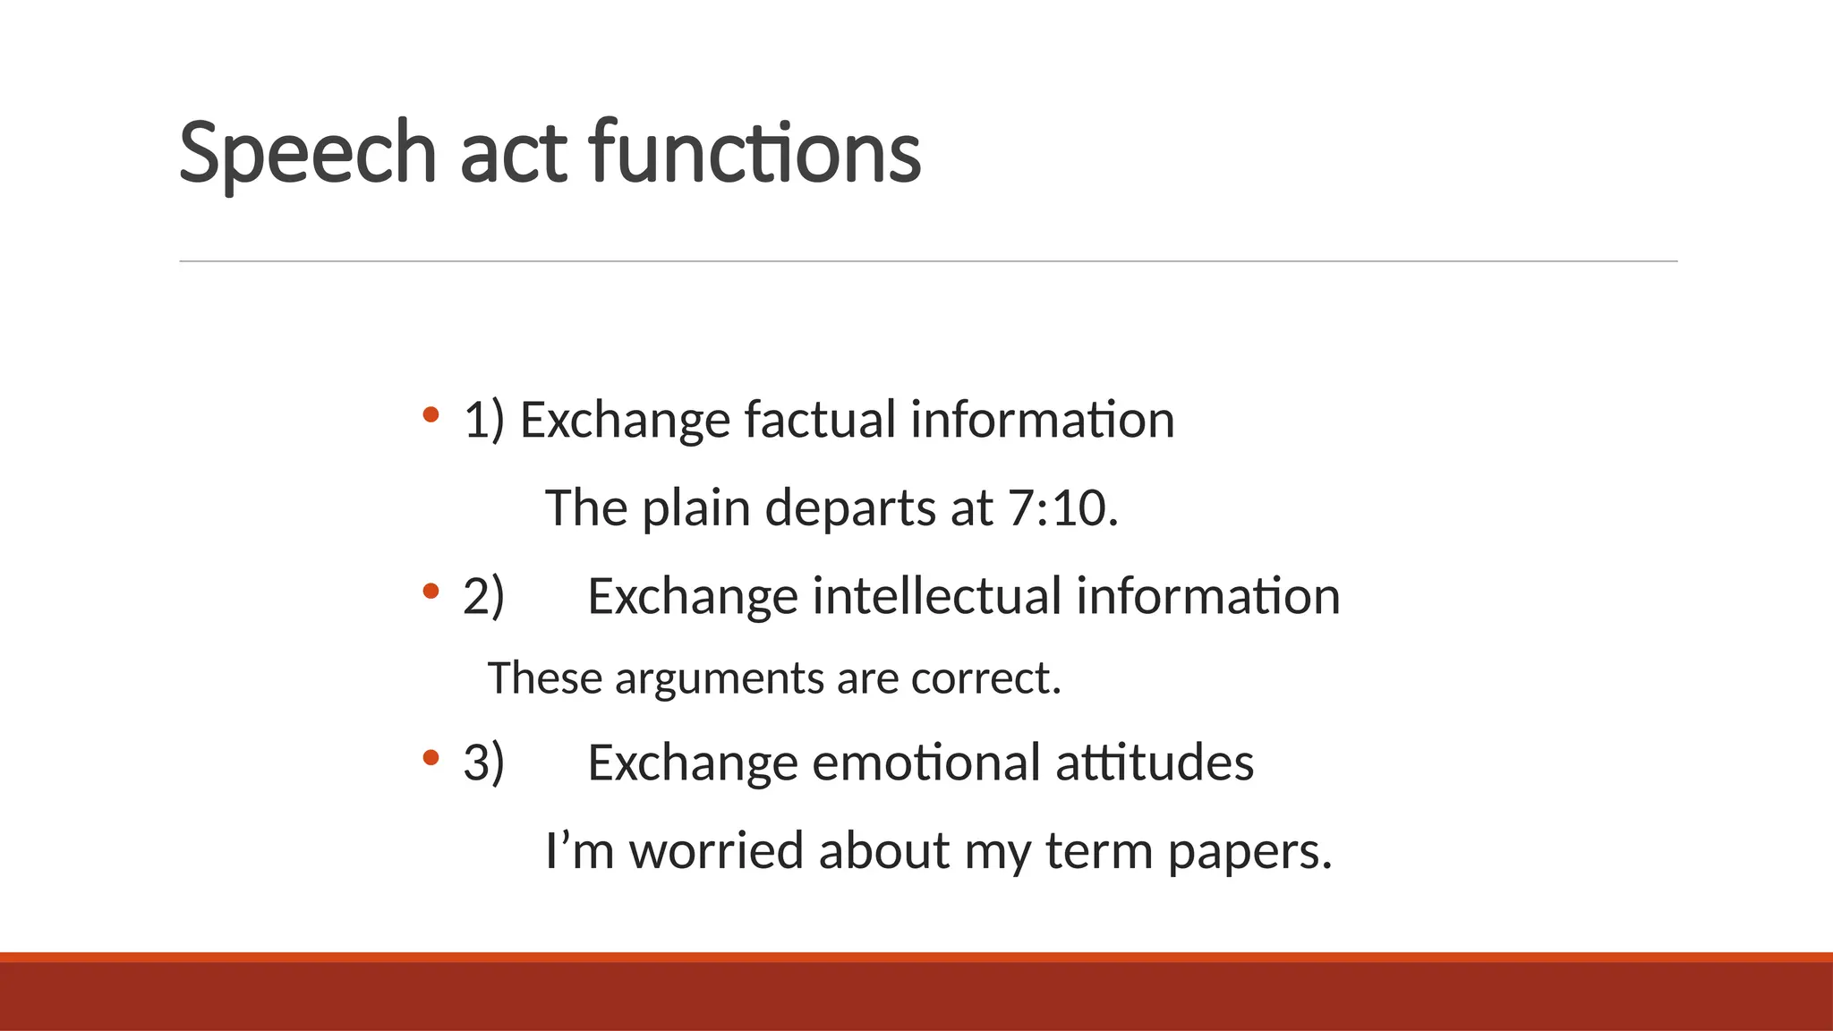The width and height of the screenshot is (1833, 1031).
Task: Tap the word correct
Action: point(985,678)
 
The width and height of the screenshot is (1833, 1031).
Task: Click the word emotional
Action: point(925,763)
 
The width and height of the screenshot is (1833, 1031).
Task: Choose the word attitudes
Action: point(1155,763)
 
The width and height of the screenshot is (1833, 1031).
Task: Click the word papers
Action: point(1249,852)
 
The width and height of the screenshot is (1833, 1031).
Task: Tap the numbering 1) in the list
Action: point(483,420)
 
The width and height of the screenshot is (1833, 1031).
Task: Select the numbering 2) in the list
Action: point(483,596)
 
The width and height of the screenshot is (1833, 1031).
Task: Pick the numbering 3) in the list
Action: point(483,763)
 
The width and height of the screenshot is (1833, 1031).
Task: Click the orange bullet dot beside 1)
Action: point(431,414)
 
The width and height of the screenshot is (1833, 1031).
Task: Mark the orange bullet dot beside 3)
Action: point(431,758)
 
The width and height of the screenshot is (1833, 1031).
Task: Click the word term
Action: point(1099,850)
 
